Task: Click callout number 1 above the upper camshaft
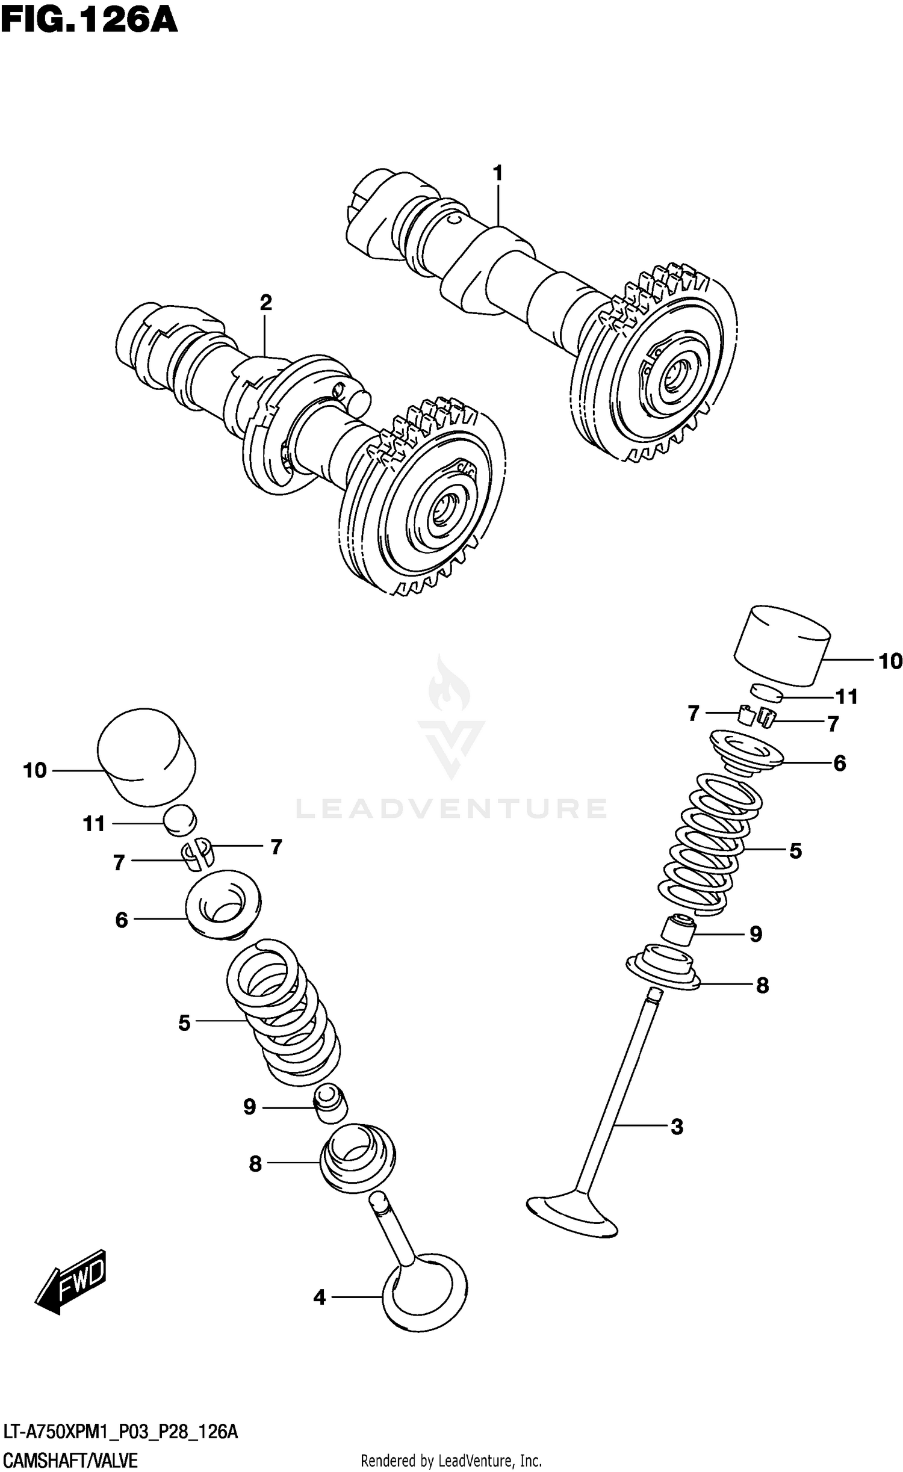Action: [497, 173]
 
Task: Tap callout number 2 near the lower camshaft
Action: [265, 303]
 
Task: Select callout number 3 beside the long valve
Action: [677, 1127]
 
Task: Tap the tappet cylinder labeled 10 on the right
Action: [781, 645]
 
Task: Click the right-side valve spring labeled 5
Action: [710, 843]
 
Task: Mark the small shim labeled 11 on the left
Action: [180, 820]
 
